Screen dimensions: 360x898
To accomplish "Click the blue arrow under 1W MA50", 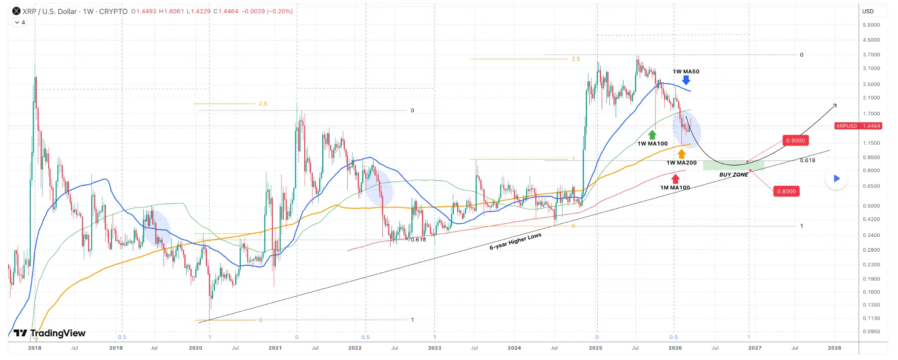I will tap(686, 80).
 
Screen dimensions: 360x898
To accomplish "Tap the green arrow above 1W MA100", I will tap(652, 135).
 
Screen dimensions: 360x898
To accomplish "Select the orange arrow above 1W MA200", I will tap(681, 154).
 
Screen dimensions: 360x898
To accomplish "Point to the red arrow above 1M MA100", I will tap(675, 179).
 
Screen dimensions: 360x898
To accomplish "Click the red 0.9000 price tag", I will tap(795, 141).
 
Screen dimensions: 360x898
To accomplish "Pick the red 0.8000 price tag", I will tap(786, 192).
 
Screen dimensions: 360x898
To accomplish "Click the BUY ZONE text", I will tap(734, 175).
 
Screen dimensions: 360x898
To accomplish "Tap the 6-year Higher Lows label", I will tap(515, 242).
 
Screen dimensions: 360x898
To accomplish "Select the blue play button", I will tap(836, 178).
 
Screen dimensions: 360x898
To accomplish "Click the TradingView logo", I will tap(50, 333).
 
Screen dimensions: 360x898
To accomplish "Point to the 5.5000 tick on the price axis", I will tap(871, 25).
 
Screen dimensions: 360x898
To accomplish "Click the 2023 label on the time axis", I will tap(435, 348).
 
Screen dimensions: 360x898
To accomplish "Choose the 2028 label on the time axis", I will tap(834, 348).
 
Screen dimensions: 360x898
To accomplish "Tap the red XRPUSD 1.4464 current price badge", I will tap(858, 126).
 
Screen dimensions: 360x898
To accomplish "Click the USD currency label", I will tap(868, 11).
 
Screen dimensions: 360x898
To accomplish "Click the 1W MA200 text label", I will tap(681, 163).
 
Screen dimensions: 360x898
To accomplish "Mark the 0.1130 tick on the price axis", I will tap(871, 318).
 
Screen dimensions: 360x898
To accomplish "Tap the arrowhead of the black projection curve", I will tap(835, 105).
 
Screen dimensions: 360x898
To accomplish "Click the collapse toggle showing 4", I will tap(20, 22).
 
